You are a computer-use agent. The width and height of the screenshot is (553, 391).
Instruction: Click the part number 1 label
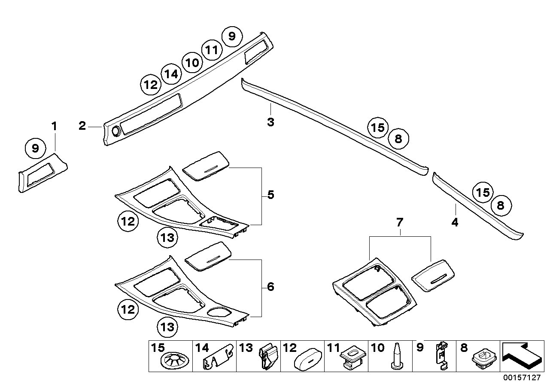[x=54, y=127]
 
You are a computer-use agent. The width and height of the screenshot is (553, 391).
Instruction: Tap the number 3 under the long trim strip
[x=270, y=122]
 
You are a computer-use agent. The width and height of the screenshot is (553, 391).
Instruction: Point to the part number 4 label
[x=455, y=222]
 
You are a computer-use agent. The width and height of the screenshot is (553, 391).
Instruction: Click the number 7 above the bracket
[x=400, y=223]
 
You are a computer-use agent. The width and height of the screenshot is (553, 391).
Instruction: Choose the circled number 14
[x=171, y=74]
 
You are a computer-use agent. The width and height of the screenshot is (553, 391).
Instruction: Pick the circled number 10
[x=191, y=63]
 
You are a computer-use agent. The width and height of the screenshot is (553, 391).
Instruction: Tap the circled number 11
[x=211, y=50]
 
